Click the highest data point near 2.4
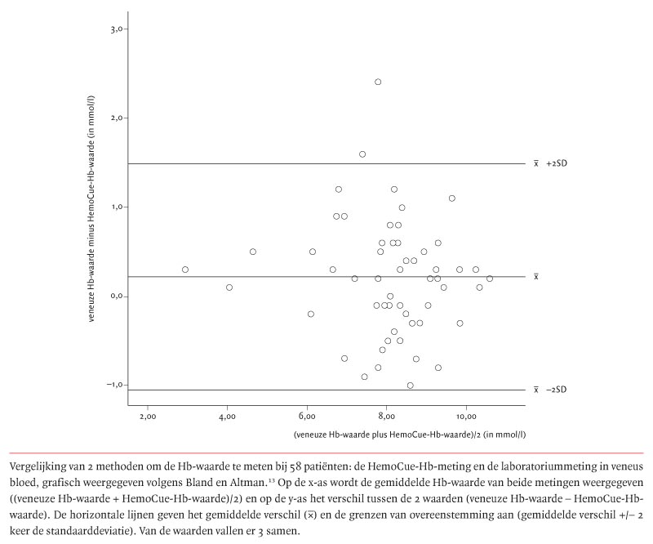tap(378, 82)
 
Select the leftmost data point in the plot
tap(185, 270)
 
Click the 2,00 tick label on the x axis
tap(147, 418)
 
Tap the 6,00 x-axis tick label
tap(307, 418)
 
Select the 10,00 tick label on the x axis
tap(466, 418)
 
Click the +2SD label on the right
tap(556, 164)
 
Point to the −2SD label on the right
tap(556, 390)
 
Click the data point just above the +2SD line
tap(362, 154)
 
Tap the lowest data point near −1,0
tap(410, 386)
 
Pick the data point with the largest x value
tap(490, 279)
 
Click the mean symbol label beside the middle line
tap(536, 277)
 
